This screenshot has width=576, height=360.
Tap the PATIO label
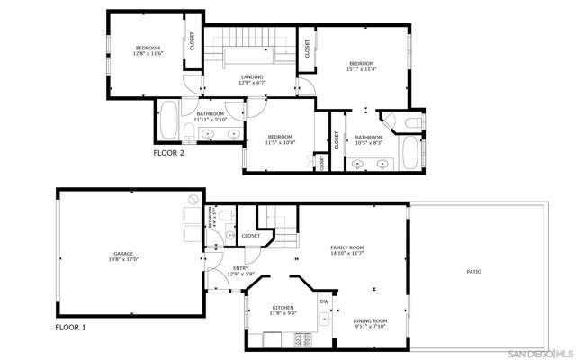pyautogui.click(x=472, y=271)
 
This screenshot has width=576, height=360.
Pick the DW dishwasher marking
pyautogui.click(x=324, y=302)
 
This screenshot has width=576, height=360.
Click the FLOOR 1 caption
pyautogui.click(x=71, y=328)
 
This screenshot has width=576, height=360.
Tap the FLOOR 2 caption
pyautogui.click(x=168, y=154)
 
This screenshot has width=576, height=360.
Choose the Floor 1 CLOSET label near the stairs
pyautogui.click(x=251, y=236)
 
